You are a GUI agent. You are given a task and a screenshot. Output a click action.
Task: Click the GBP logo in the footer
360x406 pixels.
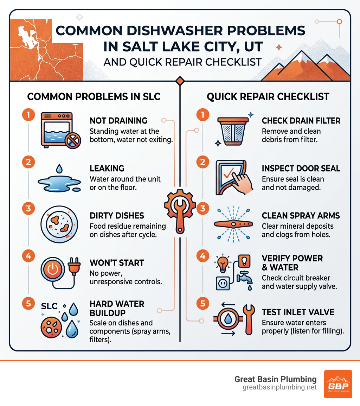(337, 384)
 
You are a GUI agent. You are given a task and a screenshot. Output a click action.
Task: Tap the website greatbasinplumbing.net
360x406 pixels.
(279, 387)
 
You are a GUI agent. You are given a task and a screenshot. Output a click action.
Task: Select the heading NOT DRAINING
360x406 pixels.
(118, 121)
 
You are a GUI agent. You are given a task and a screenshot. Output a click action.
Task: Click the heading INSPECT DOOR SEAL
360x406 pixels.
(301, 168)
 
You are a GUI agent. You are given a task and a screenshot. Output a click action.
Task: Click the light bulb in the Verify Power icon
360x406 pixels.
(223, 264)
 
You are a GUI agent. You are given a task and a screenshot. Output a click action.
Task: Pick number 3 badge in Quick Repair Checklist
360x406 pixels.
(202, 209)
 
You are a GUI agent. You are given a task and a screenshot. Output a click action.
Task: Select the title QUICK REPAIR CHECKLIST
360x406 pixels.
(268, 97)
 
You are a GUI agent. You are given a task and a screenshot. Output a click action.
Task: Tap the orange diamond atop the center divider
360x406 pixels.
(180, 81)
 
